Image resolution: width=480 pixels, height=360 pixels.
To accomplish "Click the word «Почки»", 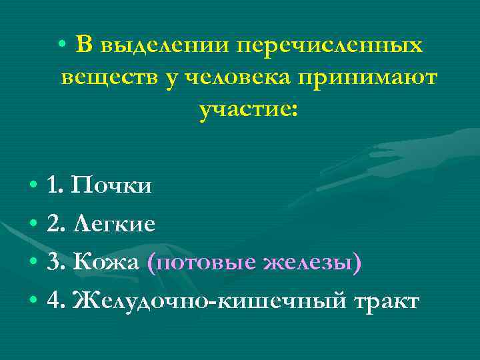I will pyautogui.click(x=111, y=185).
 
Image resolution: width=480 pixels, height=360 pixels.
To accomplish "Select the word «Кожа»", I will pyautogui.click(x=107, y=263).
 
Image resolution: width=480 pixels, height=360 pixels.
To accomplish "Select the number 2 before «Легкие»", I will pyautogui.click(x=53, y=225).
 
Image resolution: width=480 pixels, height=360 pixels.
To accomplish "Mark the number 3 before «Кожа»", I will pyautogui.click(x=53, y=263).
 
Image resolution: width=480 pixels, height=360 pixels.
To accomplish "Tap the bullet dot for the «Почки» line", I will pyautogui.click(x=33, y=185).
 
